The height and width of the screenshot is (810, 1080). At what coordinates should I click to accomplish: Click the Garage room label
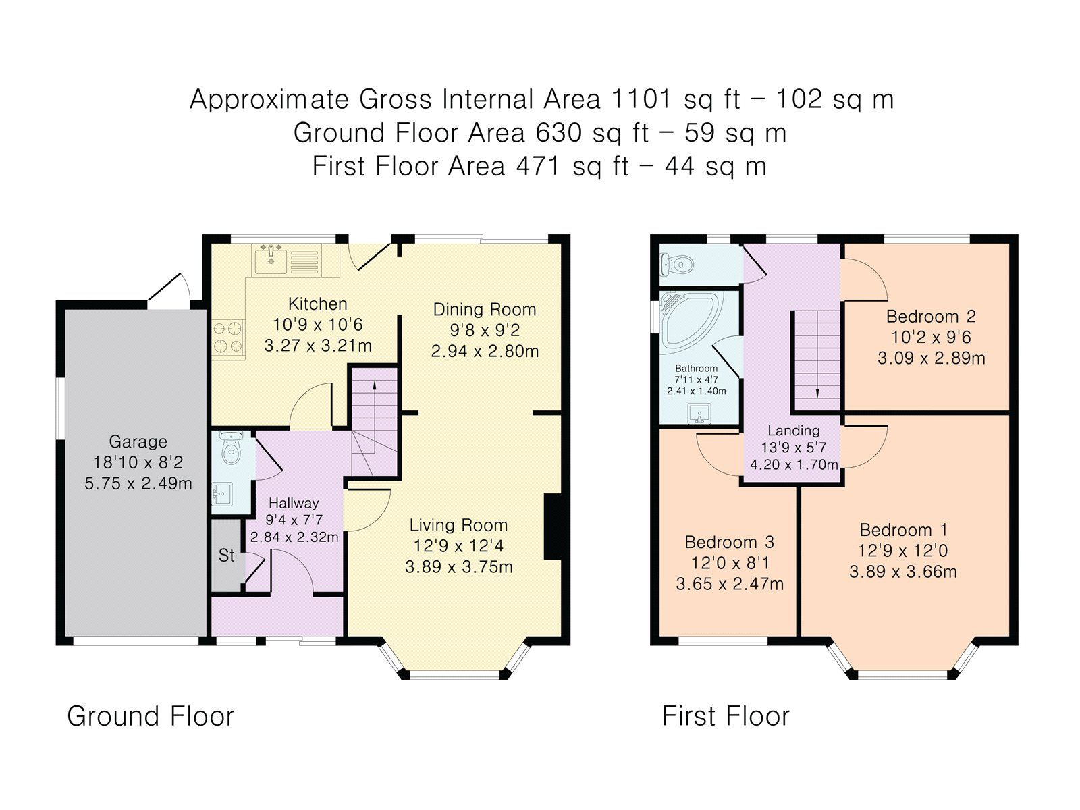(x=138, y=442)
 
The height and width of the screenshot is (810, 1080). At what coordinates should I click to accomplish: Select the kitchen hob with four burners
(x=228, y=337)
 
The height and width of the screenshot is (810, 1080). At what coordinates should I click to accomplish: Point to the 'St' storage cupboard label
(x=226, y=556)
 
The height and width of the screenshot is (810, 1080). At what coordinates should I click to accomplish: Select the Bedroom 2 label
(x=931, y=317)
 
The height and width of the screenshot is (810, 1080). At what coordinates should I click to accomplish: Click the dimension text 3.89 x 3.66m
(x=902, y=572)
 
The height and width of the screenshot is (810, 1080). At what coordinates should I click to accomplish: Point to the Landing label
(x=793, y=431)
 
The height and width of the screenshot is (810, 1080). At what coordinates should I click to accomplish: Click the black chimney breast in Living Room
(x=553, y=527)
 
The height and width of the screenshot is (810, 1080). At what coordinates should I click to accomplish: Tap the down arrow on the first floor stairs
(x=817, y=392)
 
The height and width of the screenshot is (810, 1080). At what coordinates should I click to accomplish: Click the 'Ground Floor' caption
(x=150, y=716)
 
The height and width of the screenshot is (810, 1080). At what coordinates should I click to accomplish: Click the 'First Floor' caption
(x=725, y=716)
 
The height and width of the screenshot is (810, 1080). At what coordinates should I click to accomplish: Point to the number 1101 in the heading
(x=641, y=99)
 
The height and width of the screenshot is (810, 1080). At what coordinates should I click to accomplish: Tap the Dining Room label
(x=484, y=310)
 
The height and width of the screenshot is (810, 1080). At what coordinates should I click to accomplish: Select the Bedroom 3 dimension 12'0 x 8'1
(x=729, y=563)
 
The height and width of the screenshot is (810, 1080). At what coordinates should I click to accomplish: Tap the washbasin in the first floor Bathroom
(x=699, y=413)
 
